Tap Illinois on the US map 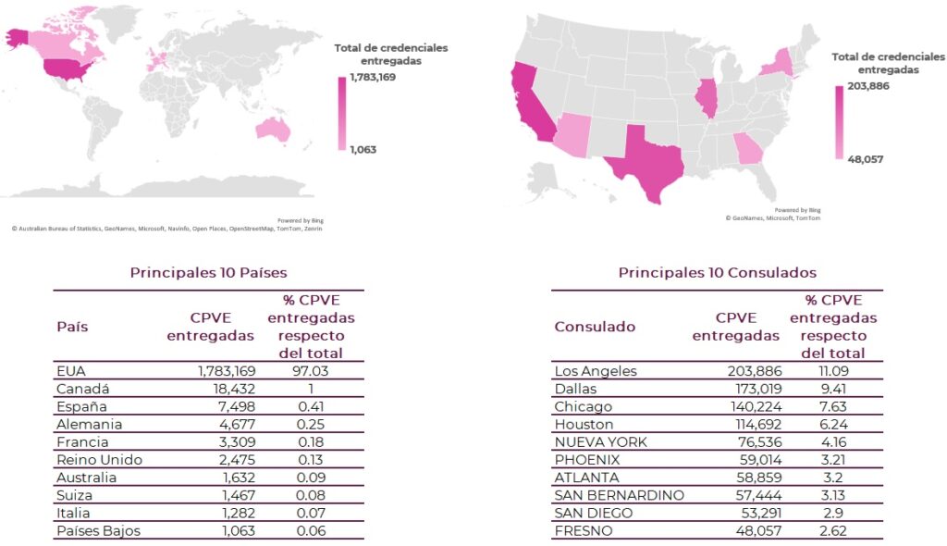(707, 98)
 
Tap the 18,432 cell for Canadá (227, 389)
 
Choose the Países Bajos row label (99, 530)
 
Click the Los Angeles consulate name (596, 371)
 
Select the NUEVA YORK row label (601, 441)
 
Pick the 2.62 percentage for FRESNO (833, 530)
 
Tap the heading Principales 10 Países (208, 272)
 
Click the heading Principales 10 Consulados (717, 272)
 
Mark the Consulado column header (595, 327)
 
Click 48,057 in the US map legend (866, 159)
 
